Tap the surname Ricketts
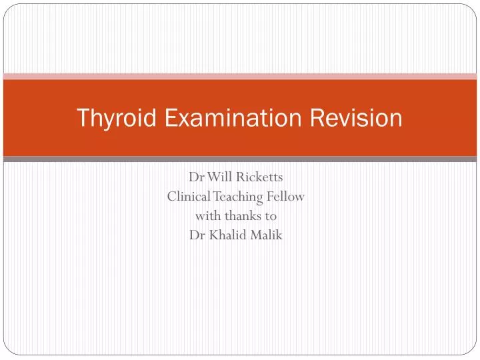point(259,178)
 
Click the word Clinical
point(189,197)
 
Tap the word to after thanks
point(270,216)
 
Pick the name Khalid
point(230,235)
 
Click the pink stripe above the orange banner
point(240,77)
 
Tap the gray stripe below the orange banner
point(240,159)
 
